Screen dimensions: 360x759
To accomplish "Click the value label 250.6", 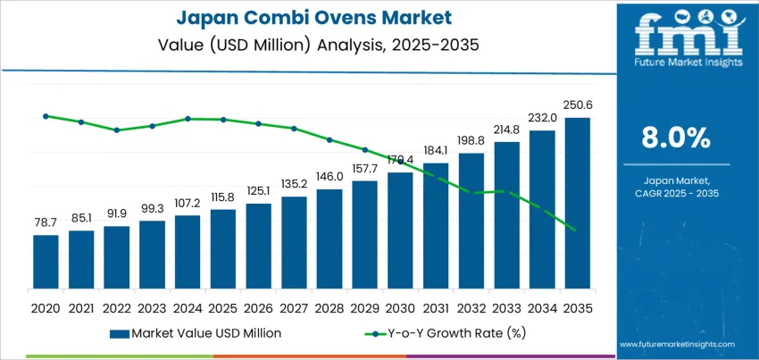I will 578,105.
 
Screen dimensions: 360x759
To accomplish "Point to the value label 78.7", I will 46,222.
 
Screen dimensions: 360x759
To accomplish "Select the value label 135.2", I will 294,184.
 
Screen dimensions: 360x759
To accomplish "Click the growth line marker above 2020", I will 46,115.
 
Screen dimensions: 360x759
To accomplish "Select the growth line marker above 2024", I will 188,118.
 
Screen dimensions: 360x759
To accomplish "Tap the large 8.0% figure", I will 676,138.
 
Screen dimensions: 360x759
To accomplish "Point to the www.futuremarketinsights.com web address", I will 676,344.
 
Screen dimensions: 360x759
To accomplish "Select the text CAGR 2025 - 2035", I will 676,193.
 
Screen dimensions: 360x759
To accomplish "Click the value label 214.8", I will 506,129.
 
